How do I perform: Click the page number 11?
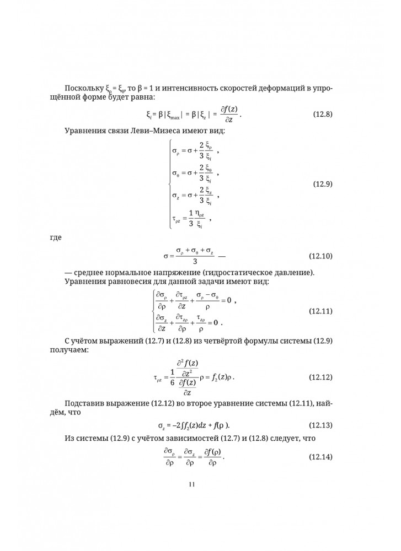click(192, 484)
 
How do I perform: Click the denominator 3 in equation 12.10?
click(195, 261)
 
